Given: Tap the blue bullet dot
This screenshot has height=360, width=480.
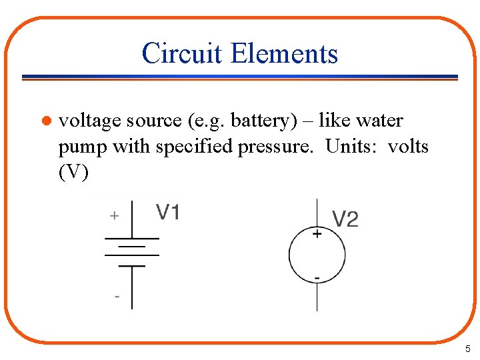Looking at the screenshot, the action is coord(46,121).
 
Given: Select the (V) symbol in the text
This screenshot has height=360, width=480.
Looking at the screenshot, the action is coord(73,171).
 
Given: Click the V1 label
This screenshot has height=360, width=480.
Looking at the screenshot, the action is coord(168,212).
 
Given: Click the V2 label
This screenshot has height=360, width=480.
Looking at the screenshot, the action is coord(345,219).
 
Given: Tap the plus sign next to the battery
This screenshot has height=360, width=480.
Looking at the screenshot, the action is coord(115,215).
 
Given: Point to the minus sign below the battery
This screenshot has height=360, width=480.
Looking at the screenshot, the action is coord(117,296).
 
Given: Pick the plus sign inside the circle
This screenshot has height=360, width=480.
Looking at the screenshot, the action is coord(317,234).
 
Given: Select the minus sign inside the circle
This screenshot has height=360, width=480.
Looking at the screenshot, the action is coord(317,277).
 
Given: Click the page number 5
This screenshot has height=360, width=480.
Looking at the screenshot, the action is coord(467,349).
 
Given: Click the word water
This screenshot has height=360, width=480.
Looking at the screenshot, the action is coord(379,121).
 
